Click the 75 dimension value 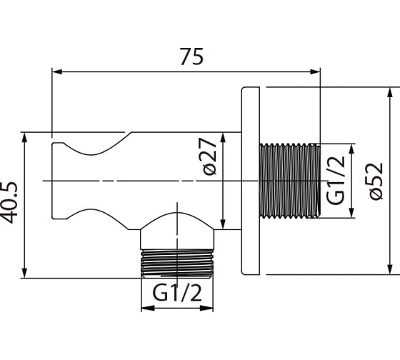point(192,56)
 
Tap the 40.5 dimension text point(10,202)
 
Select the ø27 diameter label point(210,156)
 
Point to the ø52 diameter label point(376,181)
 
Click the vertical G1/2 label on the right point(336,181)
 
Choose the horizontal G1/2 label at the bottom point(177,293)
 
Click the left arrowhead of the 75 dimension point(57,71)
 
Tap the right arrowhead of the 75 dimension point(315,71)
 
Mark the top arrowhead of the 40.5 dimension point(24,138)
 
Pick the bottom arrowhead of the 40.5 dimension point(24,273)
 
